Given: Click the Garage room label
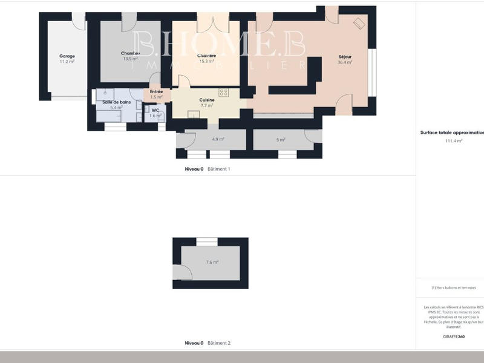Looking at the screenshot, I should pyautogui.click(x=67, y=56).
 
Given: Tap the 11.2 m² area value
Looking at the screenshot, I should pyautogui.click(x=67, y=62).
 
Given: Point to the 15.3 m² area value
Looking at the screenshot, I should pyautogui.click(x=207, y=61).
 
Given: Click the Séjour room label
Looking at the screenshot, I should pyautogui.click(x=345, y=56).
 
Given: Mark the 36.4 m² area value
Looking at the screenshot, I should pyautogui.click(x=345, y=62).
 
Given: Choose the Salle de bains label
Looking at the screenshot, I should pyautogui.click(x=116, y=102).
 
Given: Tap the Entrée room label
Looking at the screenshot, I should pyautogui.click(x=156, y=91).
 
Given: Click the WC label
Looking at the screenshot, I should pyautogui.click(x=155, y=110).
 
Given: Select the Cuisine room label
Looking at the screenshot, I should pyautogui.click(x=207, y=100).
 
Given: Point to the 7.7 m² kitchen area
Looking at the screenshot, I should pyautogui.click(x=207, y=105).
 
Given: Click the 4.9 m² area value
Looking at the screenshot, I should pyautogui.click(x=218, y=139).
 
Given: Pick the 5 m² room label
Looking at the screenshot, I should pyautogui.click(x=280, y=139).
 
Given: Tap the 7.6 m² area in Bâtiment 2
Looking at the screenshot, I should pyautogui.click(x=212, y=262).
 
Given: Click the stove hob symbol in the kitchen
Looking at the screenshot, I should pyautogui.click(x=223, y=93).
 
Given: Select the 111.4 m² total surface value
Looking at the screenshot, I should pyautogui.click(x=454, y=140).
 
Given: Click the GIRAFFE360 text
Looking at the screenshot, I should pyautogui.click(x=454, y=336).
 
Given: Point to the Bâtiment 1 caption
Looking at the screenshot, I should pyautogui.click(x=218, y=169).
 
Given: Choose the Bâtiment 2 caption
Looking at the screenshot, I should pyautogui.click(x=218, y=343).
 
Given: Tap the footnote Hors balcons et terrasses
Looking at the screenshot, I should pyautogui.click(x=454, y=287).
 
